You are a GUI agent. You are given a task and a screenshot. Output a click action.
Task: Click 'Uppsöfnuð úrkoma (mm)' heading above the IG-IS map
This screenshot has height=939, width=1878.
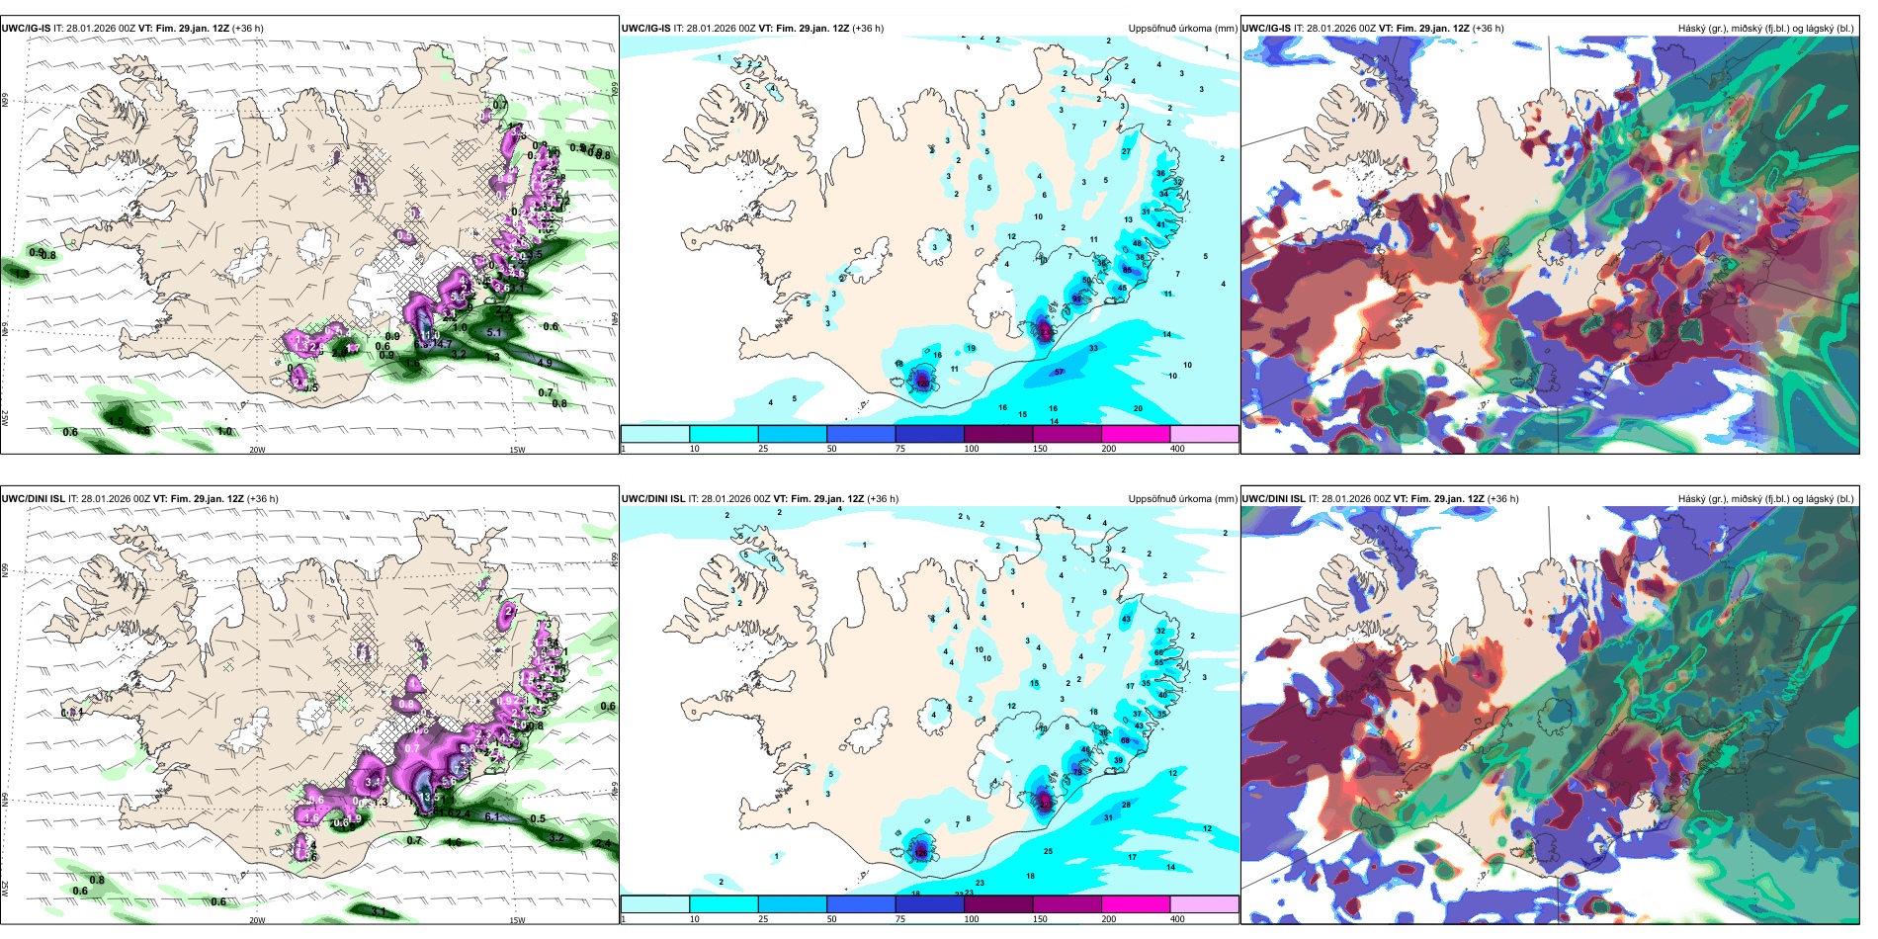(x=1183, y=29)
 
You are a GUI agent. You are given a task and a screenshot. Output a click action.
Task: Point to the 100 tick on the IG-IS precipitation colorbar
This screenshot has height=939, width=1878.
(x=972, y=449)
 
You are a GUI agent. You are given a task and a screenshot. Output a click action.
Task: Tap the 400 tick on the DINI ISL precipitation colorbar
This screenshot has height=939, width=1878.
(x=1177, y=919)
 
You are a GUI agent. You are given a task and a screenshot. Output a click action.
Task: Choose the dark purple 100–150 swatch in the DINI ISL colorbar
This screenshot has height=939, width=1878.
(x=998, y=904)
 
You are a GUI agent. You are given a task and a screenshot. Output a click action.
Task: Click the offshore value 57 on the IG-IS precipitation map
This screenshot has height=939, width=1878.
(x=1059, y=373)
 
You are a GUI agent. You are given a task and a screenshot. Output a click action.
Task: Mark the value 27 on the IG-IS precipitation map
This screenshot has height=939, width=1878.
(x=1126, y=152)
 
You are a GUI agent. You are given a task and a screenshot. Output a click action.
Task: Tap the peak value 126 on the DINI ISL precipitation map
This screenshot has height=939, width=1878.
(x=921, y=852)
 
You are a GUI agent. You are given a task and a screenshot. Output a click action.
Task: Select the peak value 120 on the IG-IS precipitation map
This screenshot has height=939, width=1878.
(x=923, y=382)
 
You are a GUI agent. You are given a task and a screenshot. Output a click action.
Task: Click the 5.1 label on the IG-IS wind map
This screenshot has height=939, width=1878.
(x=495, y=333)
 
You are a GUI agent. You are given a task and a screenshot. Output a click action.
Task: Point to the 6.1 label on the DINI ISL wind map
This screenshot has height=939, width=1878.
(x=491, y=816)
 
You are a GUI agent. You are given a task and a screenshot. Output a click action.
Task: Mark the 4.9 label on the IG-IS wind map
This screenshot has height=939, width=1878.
(x=545, y=363)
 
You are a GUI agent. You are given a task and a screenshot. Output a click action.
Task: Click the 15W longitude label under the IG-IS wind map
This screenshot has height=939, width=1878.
(x=516, y=450)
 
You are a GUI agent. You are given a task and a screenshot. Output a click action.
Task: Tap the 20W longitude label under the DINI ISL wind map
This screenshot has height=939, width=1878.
(x=257, y=920)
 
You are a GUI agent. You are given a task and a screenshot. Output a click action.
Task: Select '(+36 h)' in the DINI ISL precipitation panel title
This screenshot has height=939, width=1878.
(x=883, y=499)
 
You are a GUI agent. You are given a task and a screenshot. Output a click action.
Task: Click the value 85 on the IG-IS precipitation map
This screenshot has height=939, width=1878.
(x=1127, y=270)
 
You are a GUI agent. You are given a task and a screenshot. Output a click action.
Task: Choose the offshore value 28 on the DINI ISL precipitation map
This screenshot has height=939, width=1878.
(x=1126, y=805)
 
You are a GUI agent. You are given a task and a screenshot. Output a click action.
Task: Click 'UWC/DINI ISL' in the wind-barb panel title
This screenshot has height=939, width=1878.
(x=34, y=499)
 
